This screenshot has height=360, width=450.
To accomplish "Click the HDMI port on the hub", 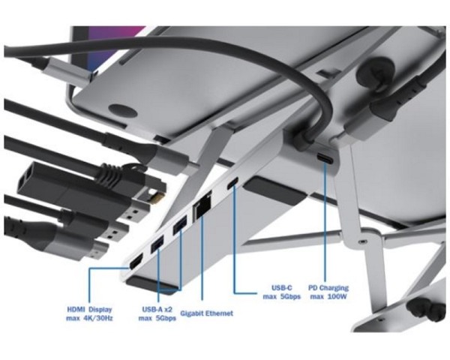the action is pos(136,262).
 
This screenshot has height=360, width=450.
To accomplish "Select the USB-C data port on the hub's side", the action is pos(232,184).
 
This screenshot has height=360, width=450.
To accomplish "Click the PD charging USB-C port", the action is pos(325,158).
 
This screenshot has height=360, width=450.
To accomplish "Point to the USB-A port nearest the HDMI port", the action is pos(157,244).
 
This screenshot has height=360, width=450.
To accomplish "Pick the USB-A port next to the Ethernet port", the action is pos(180,225).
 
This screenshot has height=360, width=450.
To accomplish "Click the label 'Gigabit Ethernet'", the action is pos(207,313).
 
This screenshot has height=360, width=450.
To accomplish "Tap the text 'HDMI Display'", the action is pos(89,310).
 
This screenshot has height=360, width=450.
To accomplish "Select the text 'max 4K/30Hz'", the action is pos(89,318).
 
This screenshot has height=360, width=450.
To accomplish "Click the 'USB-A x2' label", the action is pos(157,309).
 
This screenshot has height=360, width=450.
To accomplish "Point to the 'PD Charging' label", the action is pos(328,288).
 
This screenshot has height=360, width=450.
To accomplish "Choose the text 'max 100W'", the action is pos(328,296).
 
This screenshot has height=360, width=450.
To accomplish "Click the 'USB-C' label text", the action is pos(282,287).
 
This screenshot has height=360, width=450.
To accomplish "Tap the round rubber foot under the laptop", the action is pos(122,110).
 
